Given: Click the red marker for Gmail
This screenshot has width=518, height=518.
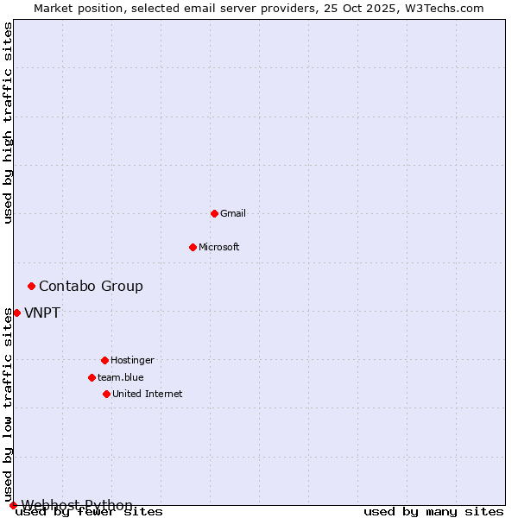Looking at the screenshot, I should [214, 213].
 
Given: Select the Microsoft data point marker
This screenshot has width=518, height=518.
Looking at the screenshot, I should [193, 247].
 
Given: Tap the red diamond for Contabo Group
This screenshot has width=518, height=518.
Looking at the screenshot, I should [31, 286].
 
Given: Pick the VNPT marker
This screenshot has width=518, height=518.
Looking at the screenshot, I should [16, 313].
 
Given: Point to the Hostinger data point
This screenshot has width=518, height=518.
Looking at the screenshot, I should [104, 360].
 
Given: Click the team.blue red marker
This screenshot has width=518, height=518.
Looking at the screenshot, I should [92, 377].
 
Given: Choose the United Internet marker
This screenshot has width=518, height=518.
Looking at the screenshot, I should [106, 394].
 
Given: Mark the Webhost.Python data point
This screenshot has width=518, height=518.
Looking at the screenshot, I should [13, 505].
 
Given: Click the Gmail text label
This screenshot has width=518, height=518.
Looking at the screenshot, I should [233, 213].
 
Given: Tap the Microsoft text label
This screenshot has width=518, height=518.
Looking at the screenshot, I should [219, 247].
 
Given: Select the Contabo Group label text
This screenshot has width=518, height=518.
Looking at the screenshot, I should [91, 286].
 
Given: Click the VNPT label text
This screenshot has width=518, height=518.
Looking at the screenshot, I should [42, 313].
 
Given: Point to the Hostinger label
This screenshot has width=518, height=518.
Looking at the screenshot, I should [132, 360].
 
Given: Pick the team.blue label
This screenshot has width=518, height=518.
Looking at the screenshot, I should [121, 377].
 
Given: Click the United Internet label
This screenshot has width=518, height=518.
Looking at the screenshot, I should [148, 394].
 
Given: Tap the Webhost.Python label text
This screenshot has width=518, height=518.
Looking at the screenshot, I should [77, 505].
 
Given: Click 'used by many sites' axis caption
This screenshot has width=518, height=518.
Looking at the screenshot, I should [433, 512].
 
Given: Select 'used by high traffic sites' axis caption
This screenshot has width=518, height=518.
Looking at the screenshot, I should [8, 123].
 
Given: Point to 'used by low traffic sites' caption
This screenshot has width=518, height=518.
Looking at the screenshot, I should [8, 409].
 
